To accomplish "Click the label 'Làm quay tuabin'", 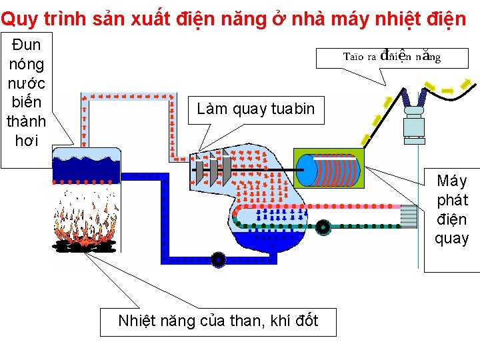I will pos(256,109).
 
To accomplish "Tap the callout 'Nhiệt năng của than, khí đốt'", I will pos(218,321).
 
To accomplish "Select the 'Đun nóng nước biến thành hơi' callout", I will pos(26,92).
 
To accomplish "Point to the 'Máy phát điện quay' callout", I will pos(452,209).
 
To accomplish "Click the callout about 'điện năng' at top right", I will pos(392,57).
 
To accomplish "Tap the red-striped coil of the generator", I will pos(341,171).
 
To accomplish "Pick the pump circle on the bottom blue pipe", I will pos(217,259).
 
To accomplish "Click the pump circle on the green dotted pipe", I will pos(323,227).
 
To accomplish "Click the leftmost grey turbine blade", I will pos(199,170).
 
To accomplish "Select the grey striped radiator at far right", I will pos(408,216).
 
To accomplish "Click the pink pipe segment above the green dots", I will pos(380,207).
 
